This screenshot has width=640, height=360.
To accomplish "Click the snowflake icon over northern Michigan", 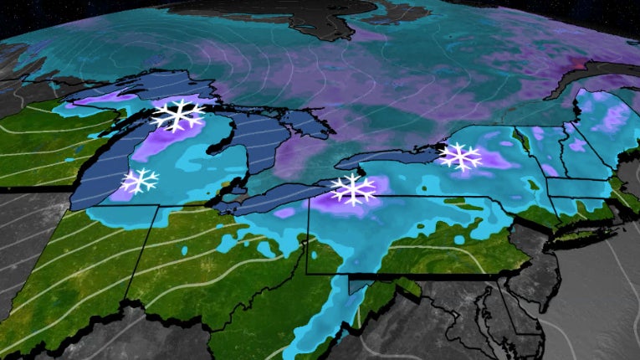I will tap(178, 115).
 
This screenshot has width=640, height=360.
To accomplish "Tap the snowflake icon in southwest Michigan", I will tap(141, 180).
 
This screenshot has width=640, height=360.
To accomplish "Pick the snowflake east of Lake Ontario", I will tap(460, 156).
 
